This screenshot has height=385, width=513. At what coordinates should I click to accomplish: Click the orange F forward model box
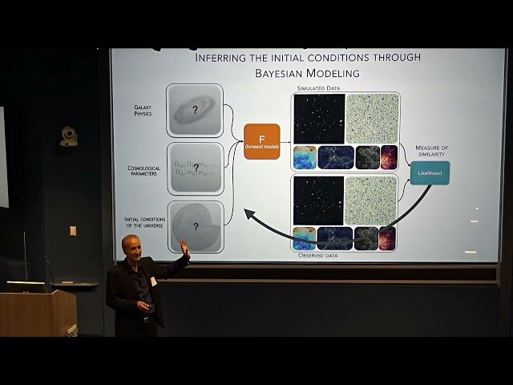261,141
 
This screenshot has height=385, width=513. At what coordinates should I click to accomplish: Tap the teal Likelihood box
430,173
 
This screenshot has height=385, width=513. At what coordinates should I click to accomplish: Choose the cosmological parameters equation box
195,169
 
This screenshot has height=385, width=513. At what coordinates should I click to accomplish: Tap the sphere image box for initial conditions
195,227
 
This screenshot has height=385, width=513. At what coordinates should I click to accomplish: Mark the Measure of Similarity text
430,152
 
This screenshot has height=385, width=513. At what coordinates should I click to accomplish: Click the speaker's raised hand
184,249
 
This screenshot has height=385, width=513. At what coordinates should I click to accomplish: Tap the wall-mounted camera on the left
70,136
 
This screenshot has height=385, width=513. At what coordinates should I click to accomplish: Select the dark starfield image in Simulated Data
318,119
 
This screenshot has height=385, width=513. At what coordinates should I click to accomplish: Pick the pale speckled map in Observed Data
370,201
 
